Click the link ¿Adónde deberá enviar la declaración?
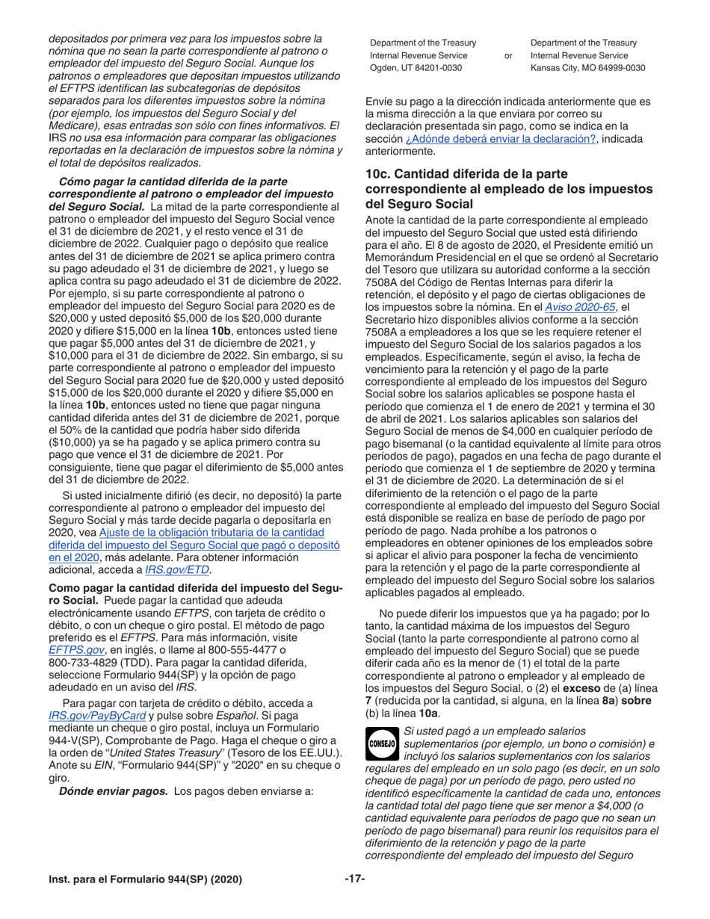500,139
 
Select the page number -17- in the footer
354,879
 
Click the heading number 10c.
378,174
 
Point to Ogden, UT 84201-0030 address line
416,67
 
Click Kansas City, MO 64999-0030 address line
587,67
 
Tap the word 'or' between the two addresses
509,55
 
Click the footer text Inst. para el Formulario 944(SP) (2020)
145,880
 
